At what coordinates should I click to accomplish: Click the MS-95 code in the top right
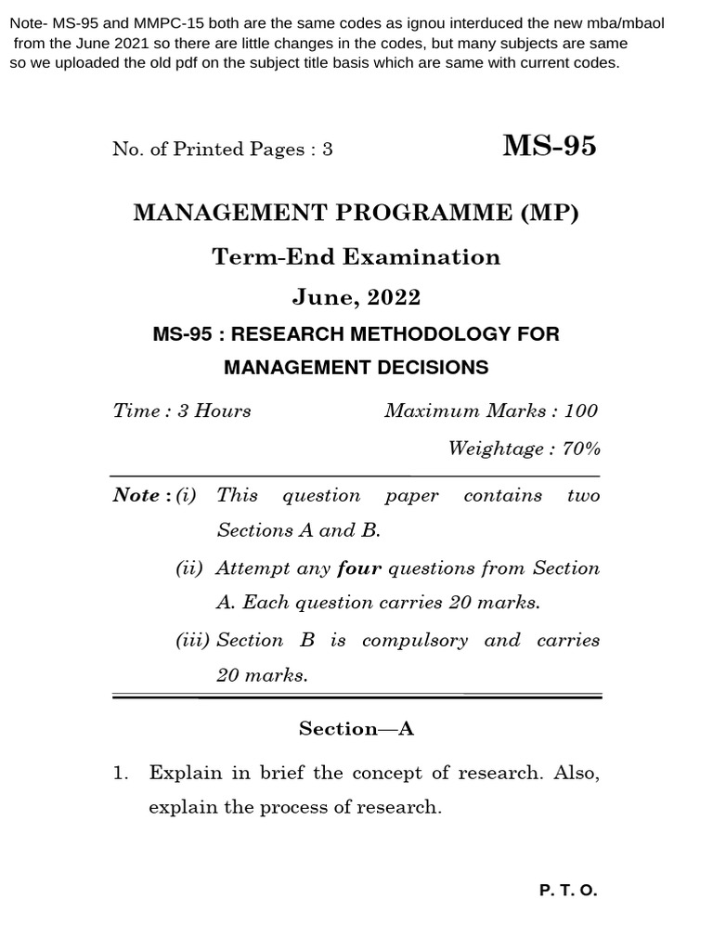(550, 146)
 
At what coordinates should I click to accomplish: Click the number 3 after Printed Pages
(328, 150)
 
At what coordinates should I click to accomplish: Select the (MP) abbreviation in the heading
(549, 213)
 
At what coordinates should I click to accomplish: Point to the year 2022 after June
(394, 297)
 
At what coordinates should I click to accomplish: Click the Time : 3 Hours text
(182, 410)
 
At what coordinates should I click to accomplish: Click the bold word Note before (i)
(136, 495)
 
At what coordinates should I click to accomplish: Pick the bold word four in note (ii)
(359, 567)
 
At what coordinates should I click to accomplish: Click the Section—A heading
(356, 729)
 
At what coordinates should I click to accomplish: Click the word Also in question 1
(577, 773)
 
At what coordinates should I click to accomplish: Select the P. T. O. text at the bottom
(568, 891)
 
